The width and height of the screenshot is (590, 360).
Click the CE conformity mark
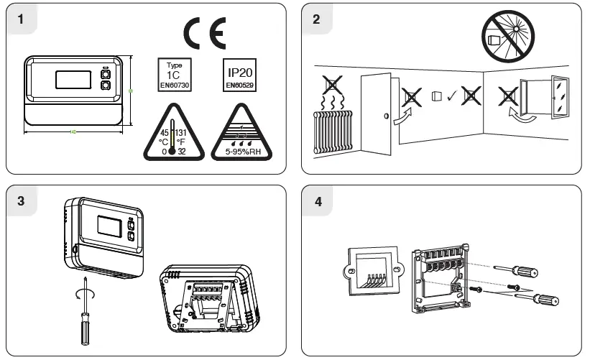[x=204, y=33]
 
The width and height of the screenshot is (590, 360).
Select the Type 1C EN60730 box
[x=175, y=74]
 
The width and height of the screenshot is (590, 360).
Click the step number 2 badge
[x=316, y=19]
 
